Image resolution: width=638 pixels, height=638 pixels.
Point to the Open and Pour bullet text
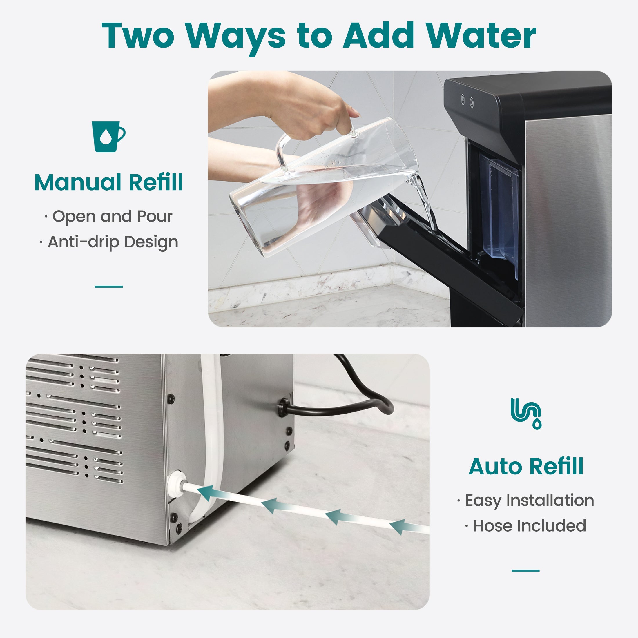coord(109,217)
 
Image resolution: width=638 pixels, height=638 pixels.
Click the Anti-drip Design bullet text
coord(109,242)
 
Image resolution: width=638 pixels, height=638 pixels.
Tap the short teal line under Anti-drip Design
coord(109,286)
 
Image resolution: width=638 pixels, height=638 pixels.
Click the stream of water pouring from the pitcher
coord(426,202)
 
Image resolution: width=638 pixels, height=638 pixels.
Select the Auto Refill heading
coord(526,466)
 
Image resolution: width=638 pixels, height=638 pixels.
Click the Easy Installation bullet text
coord(526,500)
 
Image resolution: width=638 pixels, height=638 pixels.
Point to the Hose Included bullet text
coord(526,526)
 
